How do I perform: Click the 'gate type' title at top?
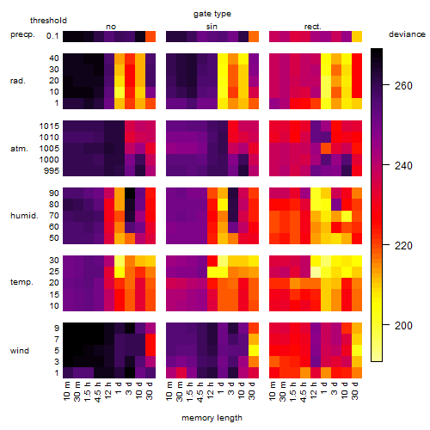[212, 14]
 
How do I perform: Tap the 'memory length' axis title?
[212, 418]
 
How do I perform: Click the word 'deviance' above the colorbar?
[407, 34]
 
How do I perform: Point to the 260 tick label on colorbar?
[403, 85]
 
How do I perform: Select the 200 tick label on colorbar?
[403, 325]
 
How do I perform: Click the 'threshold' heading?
[48, 21]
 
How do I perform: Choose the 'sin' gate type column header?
[212, 27]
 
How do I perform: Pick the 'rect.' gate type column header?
[312, 27]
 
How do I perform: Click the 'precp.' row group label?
[22, 34]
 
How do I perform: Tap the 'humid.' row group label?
[24, 215]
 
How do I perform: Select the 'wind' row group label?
[20, 351]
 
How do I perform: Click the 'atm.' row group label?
[19, 149]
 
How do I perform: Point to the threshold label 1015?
[49, 126]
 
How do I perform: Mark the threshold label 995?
[52, 171]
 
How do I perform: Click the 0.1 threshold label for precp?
[52, 36]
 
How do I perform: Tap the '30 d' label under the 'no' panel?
[150, 390]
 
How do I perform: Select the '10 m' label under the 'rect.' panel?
[273, 390]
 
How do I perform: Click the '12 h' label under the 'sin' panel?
[211, 390]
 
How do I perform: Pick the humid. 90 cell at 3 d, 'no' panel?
[130, 193]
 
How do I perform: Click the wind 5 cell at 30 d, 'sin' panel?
[254, 350]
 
